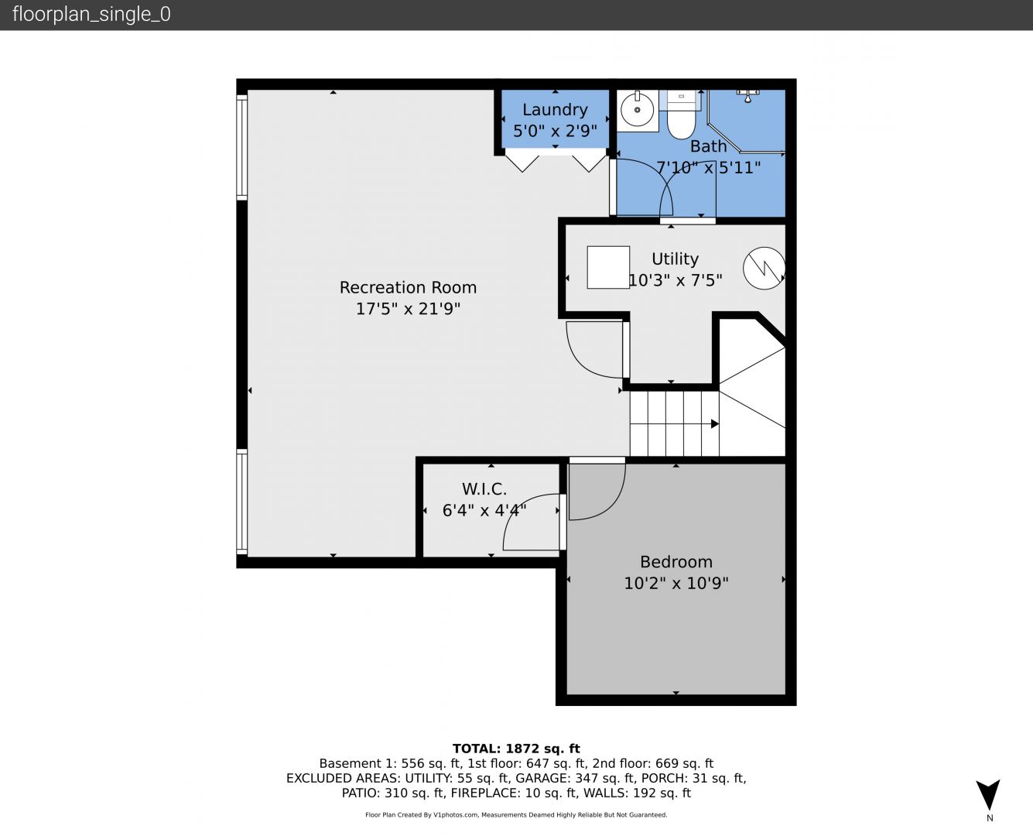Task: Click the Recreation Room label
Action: (408, 287)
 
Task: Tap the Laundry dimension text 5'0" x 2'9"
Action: (555, 131)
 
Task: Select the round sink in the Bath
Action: (637, 110)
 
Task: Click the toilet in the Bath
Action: (681, 116)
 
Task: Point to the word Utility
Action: (675, 259)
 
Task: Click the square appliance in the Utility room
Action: (608, 267)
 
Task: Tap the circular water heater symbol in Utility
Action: (764, 269)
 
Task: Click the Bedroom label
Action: (676, 562)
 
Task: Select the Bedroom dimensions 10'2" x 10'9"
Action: (676, 583)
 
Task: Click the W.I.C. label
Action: (484, 488)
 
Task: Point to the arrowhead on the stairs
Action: (714, 423)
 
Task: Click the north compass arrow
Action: (988, 793)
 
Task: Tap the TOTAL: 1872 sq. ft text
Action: (516, 749)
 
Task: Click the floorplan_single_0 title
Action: (91, 15)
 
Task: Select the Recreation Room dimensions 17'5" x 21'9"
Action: (408, 309)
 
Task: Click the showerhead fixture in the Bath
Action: (748, 96)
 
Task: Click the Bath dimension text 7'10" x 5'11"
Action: (708, 168)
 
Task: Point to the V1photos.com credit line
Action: (516, 814)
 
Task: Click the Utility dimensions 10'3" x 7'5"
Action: (675, 280)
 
